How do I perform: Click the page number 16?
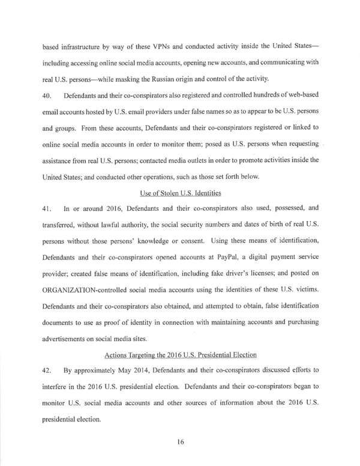180,441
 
